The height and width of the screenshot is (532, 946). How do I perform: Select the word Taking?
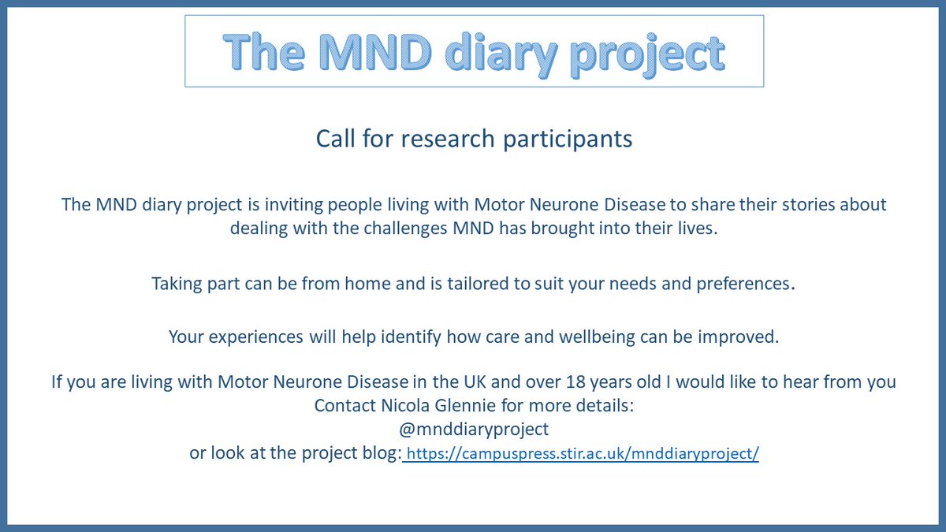pyautogui.click(x=177, y=283)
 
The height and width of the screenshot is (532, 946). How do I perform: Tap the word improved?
pyautogui.click(x=741, y=337)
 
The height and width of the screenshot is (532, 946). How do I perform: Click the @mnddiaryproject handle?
pyautogui.click(x=474, y=430)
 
